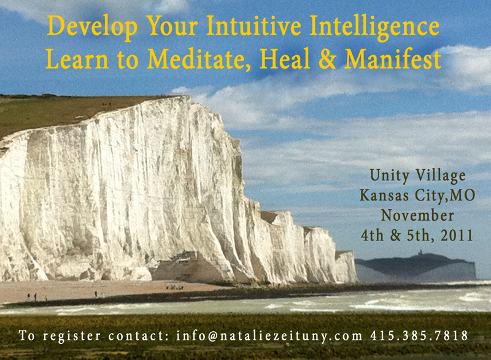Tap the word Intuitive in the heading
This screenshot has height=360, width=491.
253,25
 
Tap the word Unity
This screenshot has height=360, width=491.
389,176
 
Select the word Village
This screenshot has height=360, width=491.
441,176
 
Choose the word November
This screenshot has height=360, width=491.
417,215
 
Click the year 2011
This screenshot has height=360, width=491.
457,236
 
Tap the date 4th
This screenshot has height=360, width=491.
373,236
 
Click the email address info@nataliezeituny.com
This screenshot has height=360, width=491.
269,336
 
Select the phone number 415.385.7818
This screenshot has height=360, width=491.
419,335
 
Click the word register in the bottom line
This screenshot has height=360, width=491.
72,337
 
